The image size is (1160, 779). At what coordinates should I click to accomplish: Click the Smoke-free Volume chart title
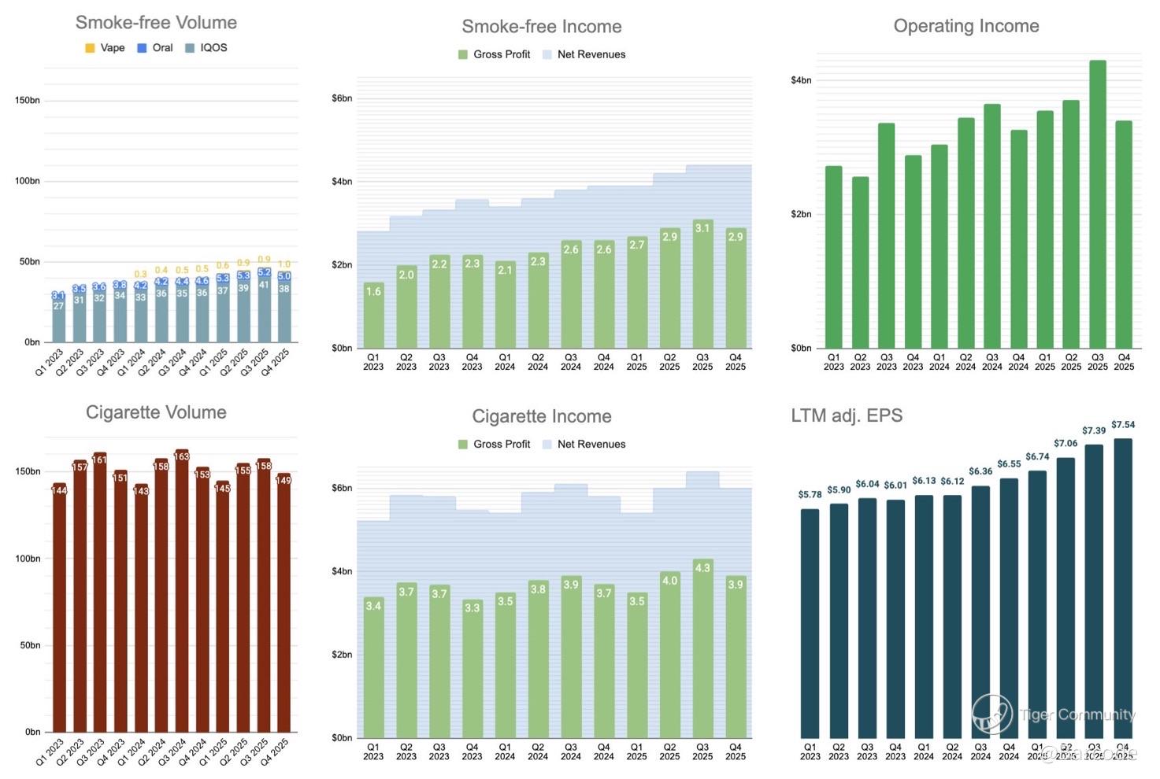point(156,23)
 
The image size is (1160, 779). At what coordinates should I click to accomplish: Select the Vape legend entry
point(105,48)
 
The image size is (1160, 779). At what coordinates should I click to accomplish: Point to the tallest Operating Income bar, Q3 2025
point(1097,205)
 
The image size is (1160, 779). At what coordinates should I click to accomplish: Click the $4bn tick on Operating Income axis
point(801,80)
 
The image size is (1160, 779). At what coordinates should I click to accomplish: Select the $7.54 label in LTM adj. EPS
point(1123,425)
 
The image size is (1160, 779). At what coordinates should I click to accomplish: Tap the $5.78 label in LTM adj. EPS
point(810,495)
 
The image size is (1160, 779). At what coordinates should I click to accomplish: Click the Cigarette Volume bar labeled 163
point(181,590)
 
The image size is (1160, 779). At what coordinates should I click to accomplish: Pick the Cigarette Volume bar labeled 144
point(59,606)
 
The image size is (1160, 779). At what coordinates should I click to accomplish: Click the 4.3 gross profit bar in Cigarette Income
point(702,648)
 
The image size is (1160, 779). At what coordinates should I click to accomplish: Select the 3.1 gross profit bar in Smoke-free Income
point(702,284)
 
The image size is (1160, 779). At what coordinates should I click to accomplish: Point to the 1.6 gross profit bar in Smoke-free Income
point(373,316)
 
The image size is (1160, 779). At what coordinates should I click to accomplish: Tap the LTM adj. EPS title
point(847,415)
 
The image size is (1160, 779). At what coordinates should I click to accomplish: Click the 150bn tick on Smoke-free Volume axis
point(28,101)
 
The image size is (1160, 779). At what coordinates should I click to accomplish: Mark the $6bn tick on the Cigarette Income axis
point(342,489)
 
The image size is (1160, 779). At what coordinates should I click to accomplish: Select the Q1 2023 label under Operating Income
point(833,362)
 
